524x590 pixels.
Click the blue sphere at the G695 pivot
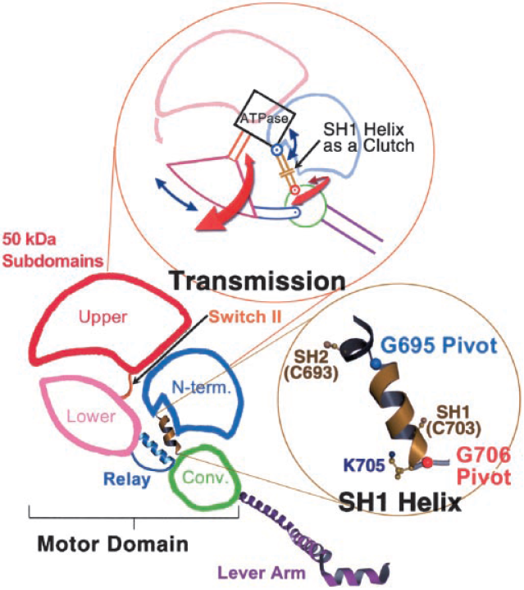[x=376, y=362]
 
